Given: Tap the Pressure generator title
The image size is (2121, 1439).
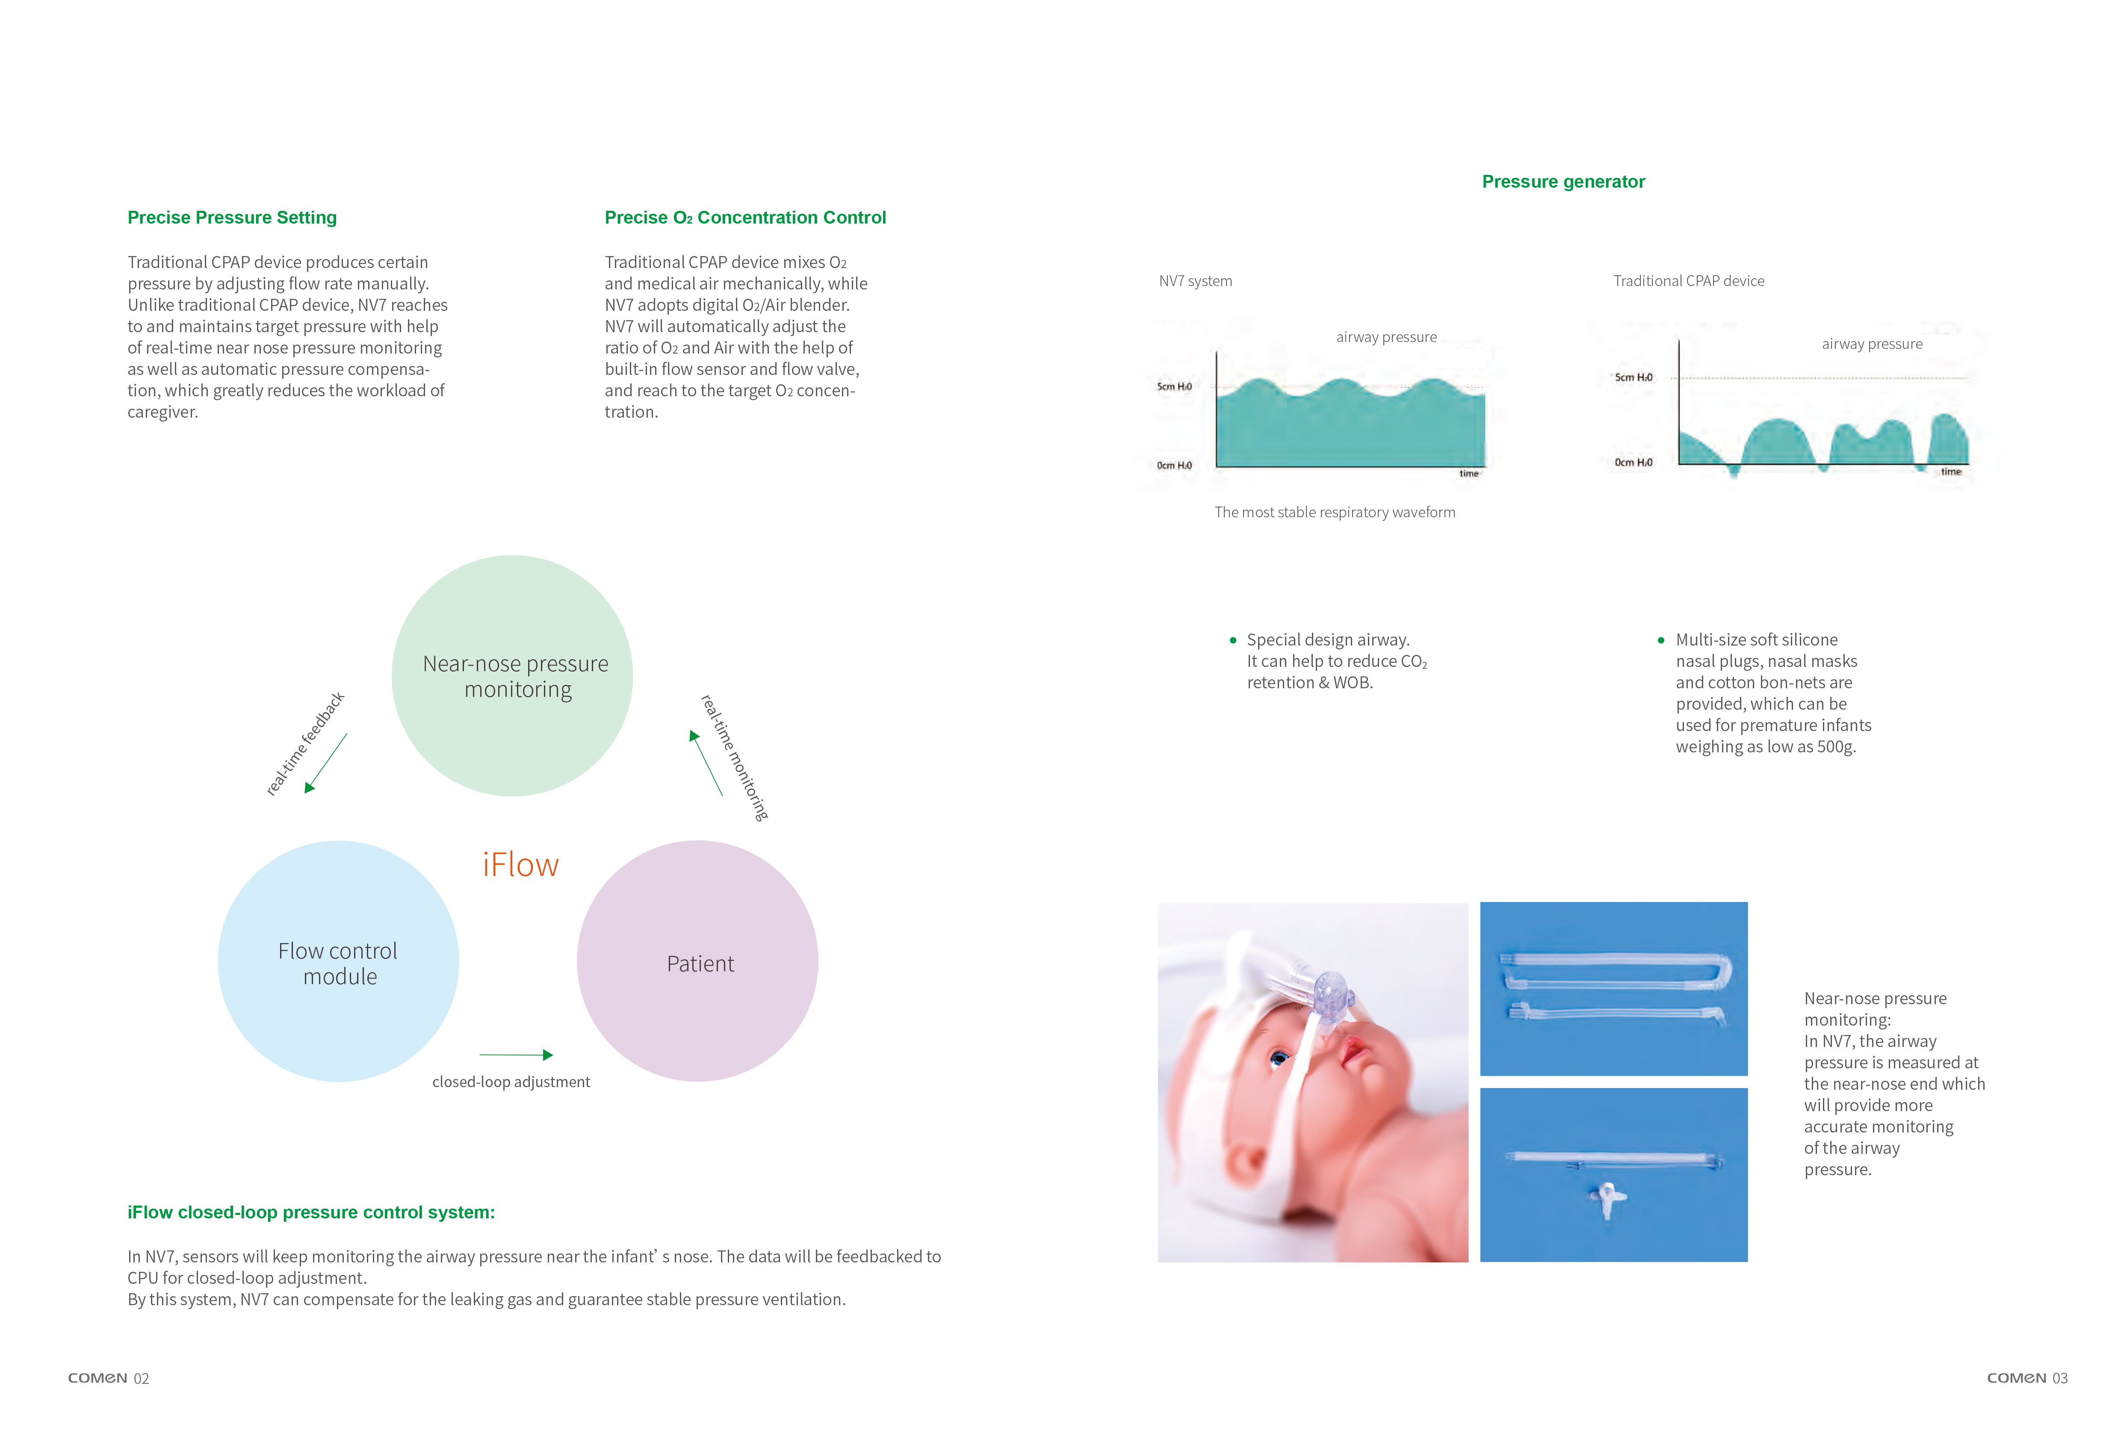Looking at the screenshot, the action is [x=1563, y=182].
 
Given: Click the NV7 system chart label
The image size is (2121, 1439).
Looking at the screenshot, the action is [x=1196, y=281].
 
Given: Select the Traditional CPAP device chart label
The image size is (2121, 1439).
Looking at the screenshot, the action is [x=1688, y=281].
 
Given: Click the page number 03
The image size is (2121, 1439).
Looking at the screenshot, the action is [x=2060, y=1379].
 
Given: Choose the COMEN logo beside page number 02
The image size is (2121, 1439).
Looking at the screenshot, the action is [x=97, y=1379].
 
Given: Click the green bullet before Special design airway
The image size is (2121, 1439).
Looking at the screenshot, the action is [x=1233, y=640].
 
